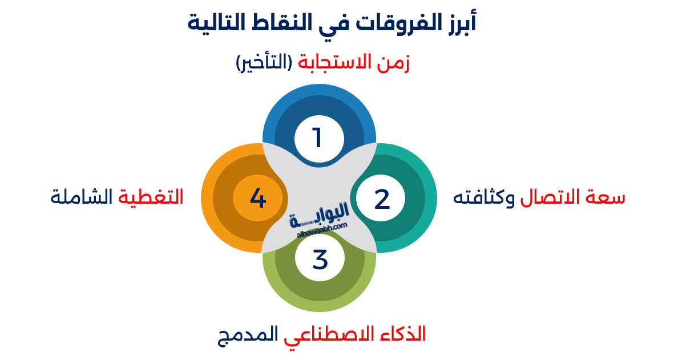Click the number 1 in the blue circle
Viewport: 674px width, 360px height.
(x=318, y=138)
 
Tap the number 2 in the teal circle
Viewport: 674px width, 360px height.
(x=382, y=199)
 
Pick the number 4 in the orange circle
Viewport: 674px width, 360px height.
(x=258, y=199)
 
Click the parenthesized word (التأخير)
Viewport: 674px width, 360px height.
(x=263, y=63)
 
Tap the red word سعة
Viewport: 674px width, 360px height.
(x=607, y=198)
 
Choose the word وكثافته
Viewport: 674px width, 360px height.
(x=484, y=198)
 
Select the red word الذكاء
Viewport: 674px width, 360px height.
(x=403, y=334)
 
